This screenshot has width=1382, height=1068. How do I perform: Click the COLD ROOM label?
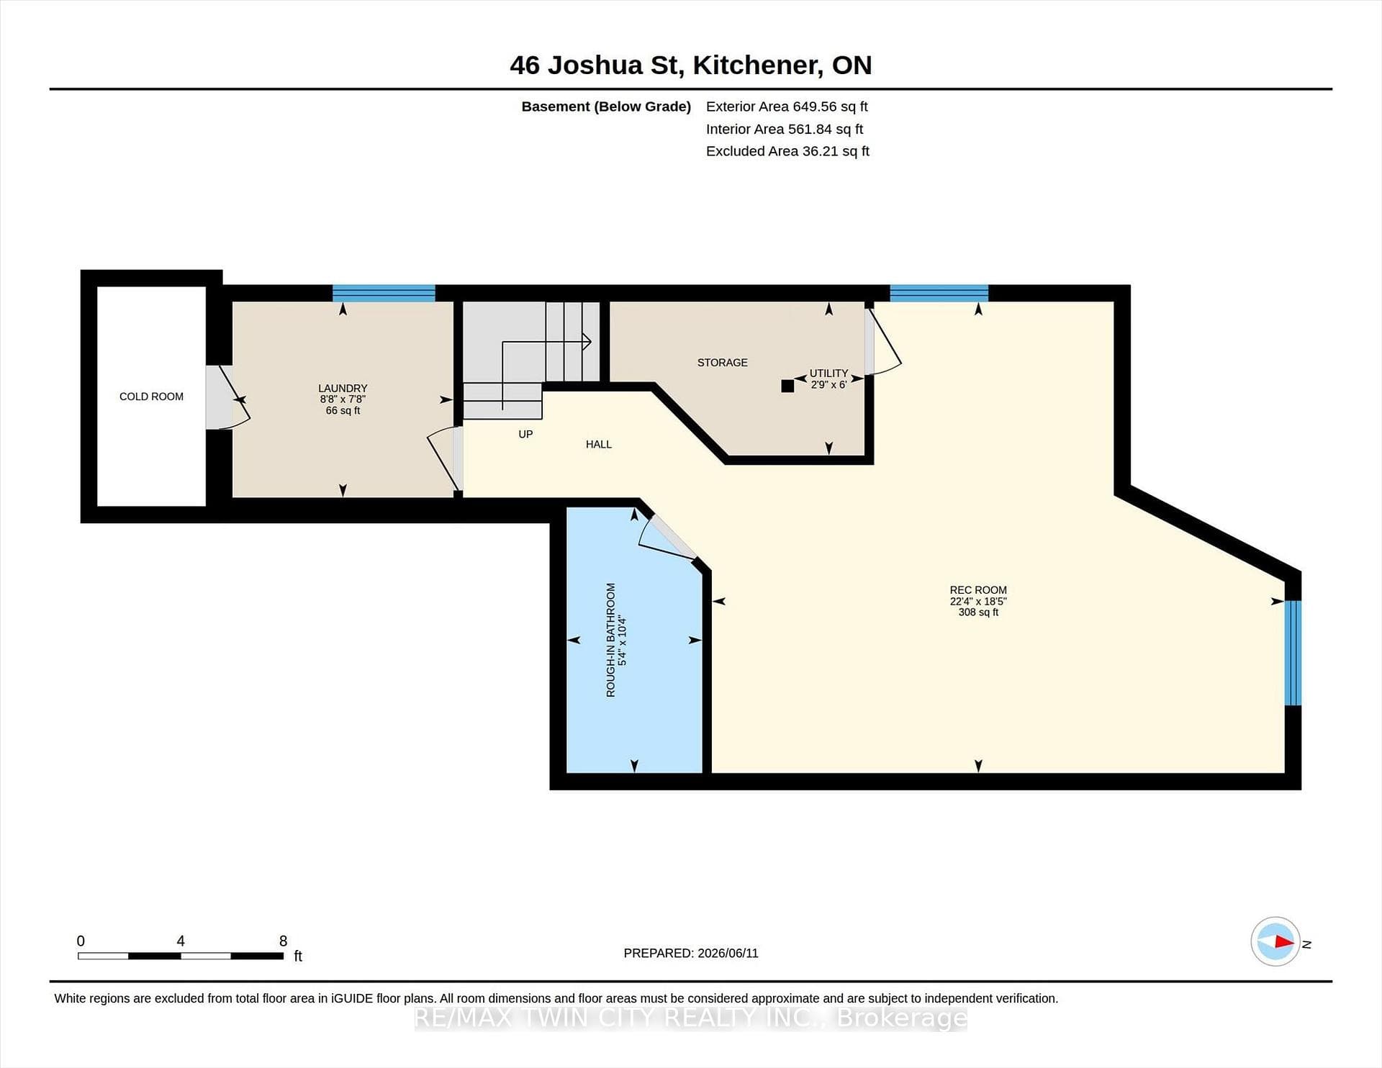(151, 397)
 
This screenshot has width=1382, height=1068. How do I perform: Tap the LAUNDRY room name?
(343, 388)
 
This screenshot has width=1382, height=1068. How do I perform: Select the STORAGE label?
(722, 363)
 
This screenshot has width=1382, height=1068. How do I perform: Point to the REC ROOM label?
(978, 590)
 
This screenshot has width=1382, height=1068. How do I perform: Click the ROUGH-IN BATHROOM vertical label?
(610, 640)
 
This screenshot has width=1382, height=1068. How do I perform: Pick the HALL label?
(599, 445)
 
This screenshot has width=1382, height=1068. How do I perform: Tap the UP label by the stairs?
(525, 435)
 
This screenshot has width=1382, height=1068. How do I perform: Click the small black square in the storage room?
(787, 386)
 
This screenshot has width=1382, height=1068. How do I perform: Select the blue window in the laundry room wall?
(384, 293)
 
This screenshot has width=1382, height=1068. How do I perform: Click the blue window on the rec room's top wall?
(939, 293)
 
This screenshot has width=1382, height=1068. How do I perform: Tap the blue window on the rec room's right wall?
(1293, 653)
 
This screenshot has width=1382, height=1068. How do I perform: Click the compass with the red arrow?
(1275, 941)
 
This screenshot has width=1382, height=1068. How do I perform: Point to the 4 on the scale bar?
(181, 941)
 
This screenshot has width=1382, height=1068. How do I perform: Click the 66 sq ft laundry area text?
(343, 411)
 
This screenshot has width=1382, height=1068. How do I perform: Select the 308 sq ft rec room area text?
(978, 612)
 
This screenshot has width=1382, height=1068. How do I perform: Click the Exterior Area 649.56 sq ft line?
(787, 107)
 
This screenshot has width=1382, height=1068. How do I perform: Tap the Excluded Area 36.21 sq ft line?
(787, 151)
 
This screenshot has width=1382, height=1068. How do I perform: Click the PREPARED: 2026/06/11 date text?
(691, 953)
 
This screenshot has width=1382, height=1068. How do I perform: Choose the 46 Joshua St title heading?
(691, 65)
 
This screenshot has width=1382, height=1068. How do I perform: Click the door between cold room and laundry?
(227, 397)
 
